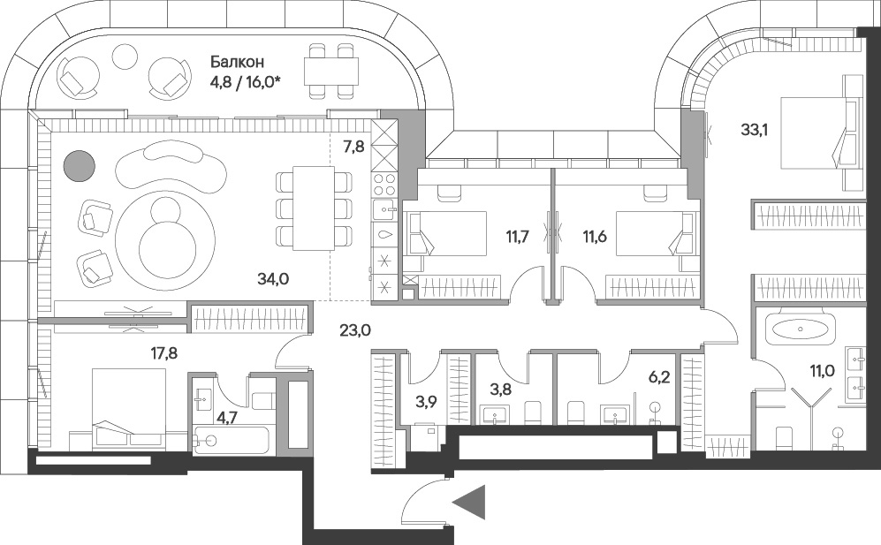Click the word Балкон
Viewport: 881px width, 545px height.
(x=237, y=61)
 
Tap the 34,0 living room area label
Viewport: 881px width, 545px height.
(x=273, y=278)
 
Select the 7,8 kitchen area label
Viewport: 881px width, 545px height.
(x=354, y=148)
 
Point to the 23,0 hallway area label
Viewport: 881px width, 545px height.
(x=355, y=329)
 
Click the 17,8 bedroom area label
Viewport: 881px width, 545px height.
(x=164, y=353)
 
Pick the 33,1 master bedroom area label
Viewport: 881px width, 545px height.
(x=754, y=131)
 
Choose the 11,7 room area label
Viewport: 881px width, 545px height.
(x=517, y=236)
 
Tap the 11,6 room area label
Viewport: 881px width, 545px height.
(x=595, y=236)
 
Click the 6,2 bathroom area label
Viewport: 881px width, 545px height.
(x=658, y=377)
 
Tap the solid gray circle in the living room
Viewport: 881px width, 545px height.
(x=79, y=166)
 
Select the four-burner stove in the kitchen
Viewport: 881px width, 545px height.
(x=385, y=184)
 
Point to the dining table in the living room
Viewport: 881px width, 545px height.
(x=314, y=208)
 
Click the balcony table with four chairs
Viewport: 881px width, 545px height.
(x=331, y=72)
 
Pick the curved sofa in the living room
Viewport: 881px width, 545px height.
(x=166, y=167)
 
